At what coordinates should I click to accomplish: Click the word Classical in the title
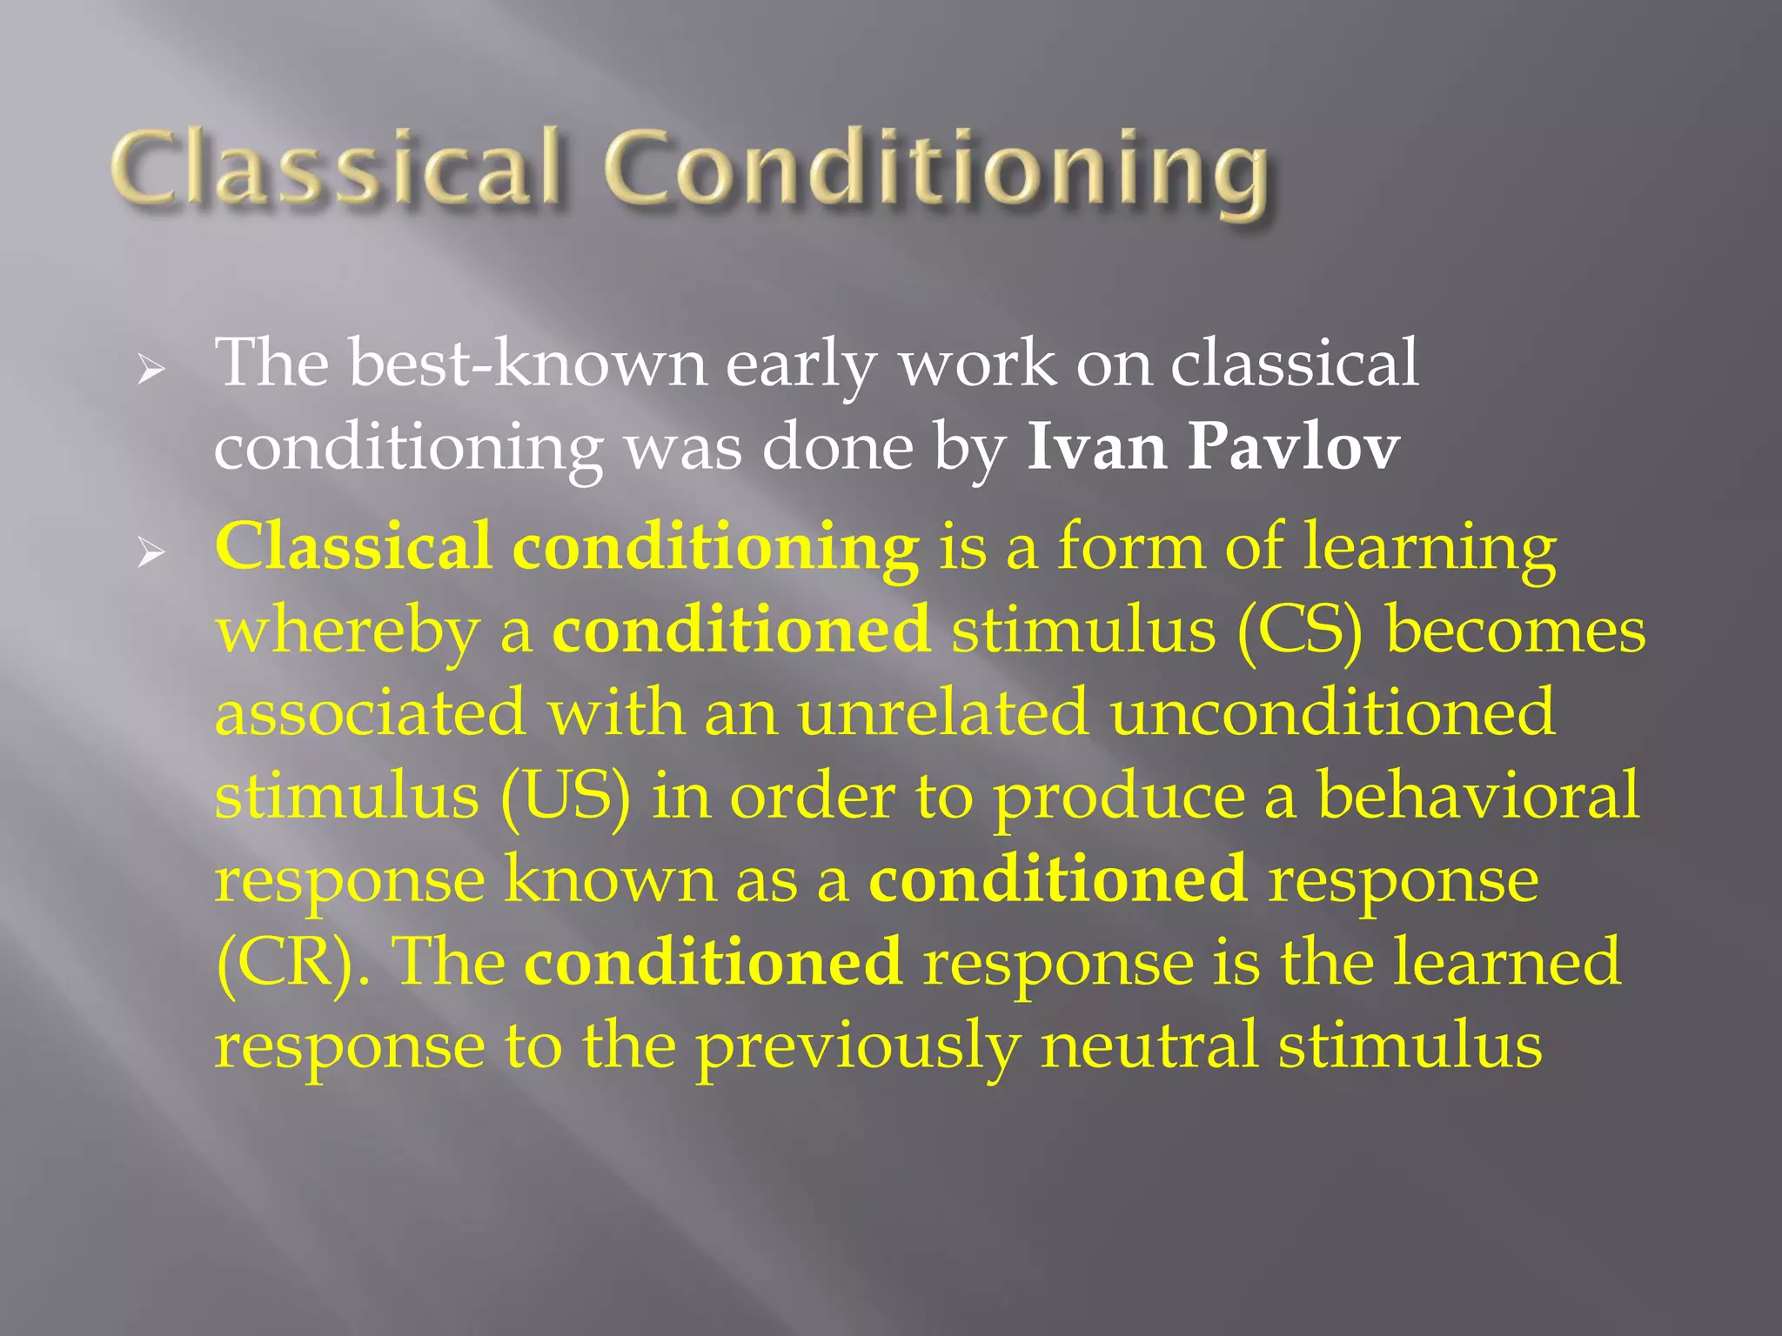(335, 167)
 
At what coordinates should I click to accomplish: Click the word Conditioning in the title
(938, 170)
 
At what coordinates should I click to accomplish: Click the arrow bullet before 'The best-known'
(151, 372)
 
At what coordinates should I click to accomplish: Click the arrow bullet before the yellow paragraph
(151, 554)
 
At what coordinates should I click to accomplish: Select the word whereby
(347, 631)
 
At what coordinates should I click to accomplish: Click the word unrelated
(942, 712)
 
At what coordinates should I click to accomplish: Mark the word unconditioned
(1332, 712)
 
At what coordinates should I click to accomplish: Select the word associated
(371, 712)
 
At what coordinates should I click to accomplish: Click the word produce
(1119, 798)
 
